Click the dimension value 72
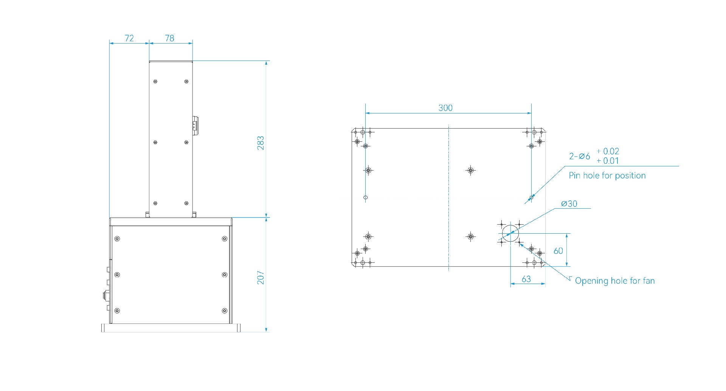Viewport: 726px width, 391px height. [x=129, y=38]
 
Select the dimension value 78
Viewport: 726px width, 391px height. [x=169, y=38]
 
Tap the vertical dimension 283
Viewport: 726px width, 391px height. [x=261, y=143]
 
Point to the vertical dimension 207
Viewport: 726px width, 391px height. [x=261, y=278]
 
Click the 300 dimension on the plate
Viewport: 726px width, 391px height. [x=445, y=108]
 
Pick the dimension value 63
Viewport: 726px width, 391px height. [x=526, y=279]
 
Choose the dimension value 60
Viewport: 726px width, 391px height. [x=558, y=251]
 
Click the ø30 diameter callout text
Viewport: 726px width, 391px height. [x=569, y=204]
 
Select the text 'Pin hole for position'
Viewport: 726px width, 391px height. [x=607, y=175]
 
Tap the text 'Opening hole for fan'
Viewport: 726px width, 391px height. [x=614, y=281]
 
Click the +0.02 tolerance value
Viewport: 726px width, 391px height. [x=608, y=151]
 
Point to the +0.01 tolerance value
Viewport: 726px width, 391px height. [x=608, y=161]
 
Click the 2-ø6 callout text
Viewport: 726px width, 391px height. [x=579, y=156]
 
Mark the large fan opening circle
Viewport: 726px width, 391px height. [x=510, y=233]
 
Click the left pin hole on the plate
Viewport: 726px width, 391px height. [x=365, y=197]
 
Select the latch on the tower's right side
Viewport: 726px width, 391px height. [x=195, y=125]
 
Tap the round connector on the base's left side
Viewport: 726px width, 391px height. [x=105, y=295]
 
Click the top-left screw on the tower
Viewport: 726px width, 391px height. [x=155, y=82]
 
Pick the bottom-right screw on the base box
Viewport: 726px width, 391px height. [x=225, y=311]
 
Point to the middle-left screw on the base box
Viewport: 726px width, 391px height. [x=117, y=275]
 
